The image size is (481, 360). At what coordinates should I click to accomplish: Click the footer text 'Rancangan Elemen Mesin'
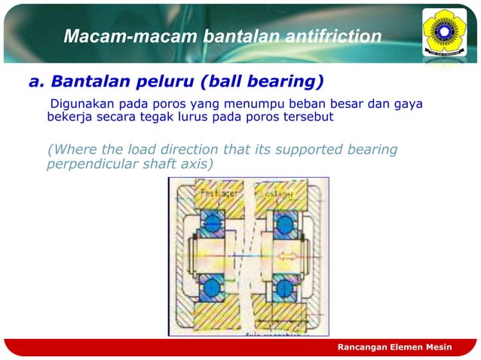coord(394,346)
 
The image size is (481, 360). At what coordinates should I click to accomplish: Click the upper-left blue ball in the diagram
coord(211,222)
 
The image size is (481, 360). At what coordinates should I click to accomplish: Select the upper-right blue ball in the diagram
coord(286,222)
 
